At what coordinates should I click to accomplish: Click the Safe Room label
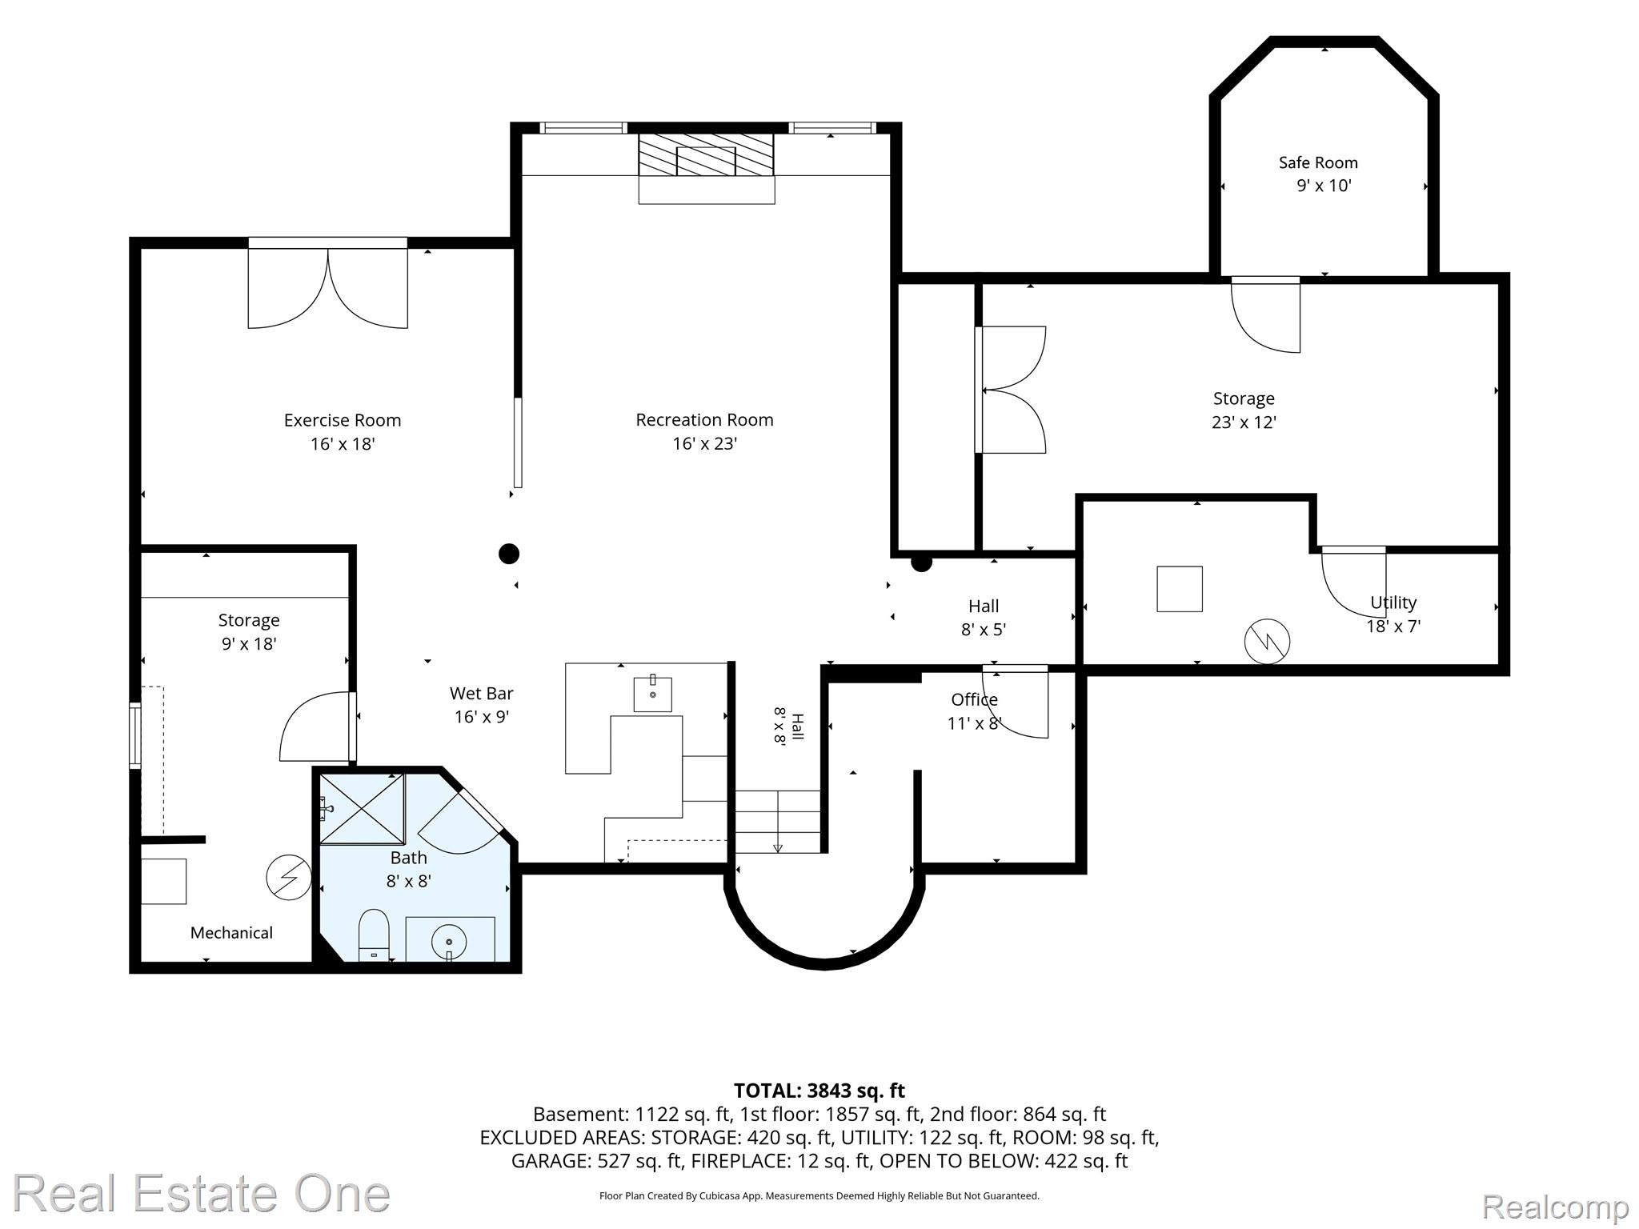tap(1318, 162)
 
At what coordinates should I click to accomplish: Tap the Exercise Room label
tap(343, 420)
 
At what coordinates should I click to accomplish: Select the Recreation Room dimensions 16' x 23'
tap(704, 443)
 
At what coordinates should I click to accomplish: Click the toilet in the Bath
tap(374, 935)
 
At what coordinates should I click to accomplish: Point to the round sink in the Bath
tap(449, 943)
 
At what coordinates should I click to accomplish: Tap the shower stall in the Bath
tap(362, 808)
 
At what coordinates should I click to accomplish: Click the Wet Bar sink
tap(653, 694)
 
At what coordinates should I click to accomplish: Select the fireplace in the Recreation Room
tap(707, 164)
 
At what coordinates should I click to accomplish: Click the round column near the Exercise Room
tap(509, 554)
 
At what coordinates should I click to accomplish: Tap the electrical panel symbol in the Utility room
tap(1267, 641)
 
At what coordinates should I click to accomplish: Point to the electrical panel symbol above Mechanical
tap(289, 878)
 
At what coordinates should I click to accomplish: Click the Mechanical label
tap(231, 933)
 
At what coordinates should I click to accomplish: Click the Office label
tap(974, 699)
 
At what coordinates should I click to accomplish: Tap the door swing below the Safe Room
tap(1265, 314)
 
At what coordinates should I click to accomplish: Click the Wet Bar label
tap(482, 694)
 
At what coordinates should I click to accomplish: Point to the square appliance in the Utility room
tap(1180, 589)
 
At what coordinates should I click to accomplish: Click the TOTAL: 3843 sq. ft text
tap(819, 1091)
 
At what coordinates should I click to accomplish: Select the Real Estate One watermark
tap(201, 1194)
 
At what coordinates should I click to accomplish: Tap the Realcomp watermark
tap(1555, 1207)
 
